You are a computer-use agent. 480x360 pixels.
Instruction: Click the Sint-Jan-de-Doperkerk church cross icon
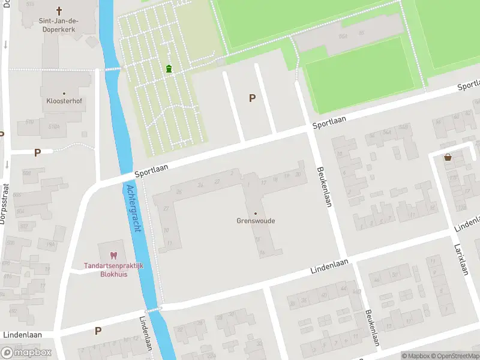[59, 10]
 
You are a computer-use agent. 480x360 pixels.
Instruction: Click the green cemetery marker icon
[169, 69]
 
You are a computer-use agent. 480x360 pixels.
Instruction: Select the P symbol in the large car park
[252, 98]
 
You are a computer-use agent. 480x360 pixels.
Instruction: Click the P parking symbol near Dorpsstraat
[37, 152]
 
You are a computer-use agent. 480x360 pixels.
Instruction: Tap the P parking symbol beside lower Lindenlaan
[98, 331]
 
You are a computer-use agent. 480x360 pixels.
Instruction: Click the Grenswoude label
[256, 220]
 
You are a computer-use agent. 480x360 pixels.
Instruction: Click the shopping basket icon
[448, 157]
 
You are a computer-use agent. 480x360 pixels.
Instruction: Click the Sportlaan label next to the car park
[329, 122]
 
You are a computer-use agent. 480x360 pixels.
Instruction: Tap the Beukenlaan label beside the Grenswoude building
[323, 186]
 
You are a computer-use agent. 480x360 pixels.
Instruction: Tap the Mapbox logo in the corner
[26, 352]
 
